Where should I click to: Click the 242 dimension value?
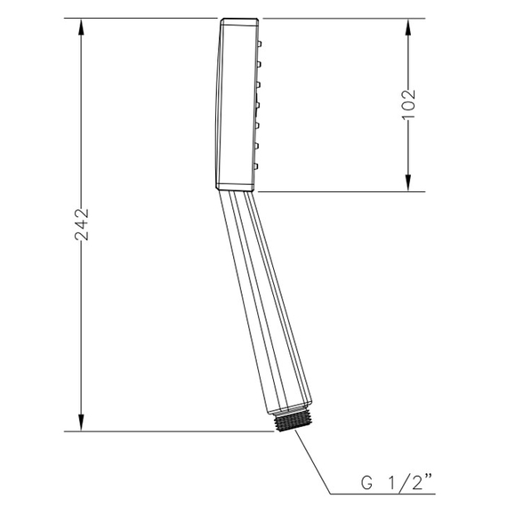82,224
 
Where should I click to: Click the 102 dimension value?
408,104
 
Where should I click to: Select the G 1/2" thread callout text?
397,483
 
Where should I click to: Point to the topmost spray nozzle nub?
260,44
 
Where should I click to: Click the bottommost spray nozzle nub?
256,166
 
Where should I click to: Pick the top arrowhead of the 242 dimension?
81,27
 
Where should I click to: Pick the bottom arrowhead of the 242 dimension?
81,422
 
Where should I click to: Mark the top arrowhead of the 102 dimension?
408,27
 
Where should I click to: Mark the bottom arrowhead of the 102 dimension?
408,183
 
